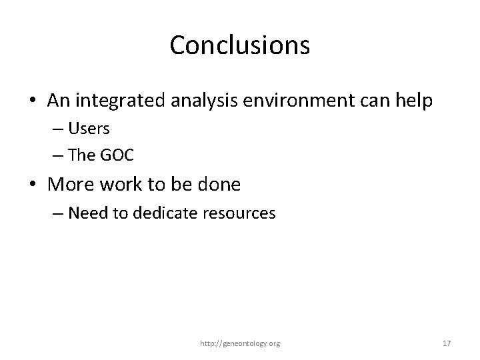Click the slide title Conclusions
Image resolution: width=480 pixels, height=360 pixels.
coord(239,45)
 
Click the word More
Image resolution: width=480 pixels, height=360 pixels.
coord(71,184)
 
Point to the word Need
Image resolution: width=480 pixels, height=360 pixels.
coord(84,213)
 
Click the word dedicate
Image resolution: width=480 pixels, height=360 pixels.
coord(151,213)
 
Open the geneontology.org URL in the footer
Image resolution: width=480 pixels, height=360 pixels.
coord(240,343)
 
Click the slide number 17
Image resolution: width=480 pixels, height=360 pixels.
coord(447,343)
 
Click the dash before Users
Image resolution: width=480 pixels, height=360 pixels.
coord(59,129)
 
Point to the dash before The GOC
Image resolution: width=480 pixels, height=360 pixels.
coord(59,155)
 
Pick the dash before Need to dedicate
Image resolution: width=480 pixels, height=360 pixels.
coord(59,214)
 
